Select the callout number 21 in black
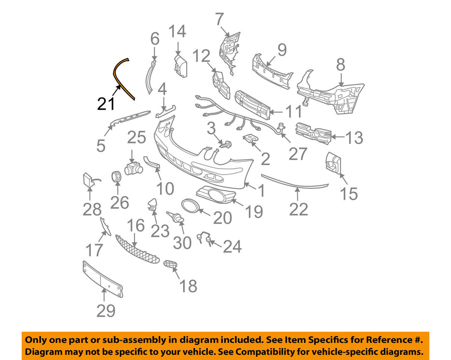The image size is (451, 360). click(x=106, y=104)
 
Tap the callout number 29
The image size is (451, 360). click(x=106, y=311)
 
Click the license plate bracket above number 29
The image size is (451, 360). click(x=102, y=278)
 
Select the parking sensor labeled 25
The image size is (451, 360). click(x=133, y=168)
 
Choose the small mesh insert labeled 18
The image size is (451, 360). click(x=170, y=264)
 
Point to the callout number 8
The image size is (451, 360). click(x=340, y=65)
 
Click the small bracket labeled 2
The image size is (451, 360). click(x=251, y=140)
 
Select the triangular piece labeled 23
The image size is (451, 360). click(x=152, y=204)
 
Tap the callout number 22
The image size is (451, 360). click(x=298, y=208)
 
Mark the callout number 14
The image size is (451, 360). click(x=177, y=31)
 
